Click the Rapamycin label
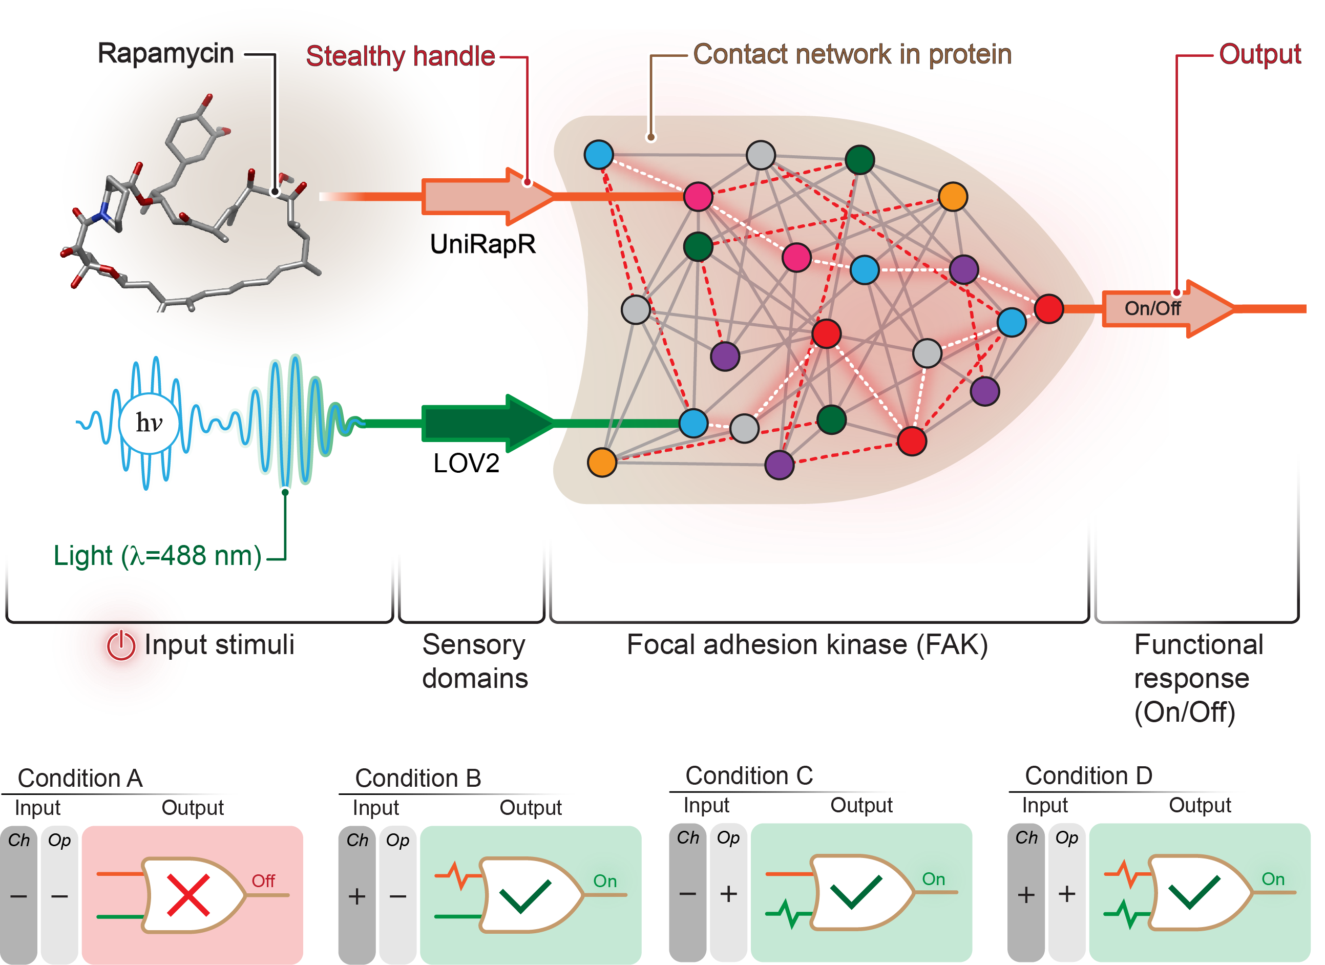click(x=165, y=54)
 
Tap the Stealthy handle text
click(x=400, y=57)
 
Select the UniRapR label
click(x=482, y=245)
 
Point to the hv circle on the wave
click(x=149, y=424)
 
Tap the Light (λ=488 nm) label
click(x=157, y=556)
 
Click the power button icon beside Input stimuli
click(x=121, y=645)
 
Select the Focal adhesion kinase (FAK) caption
click(x=807, y=645)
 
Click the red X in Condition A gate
click(x=188, y=895)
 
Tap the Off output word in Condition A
click(x=263, y=881)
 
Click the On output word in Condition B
click(x=605, y=881)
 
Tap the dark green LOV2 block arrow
click(x=485, y=424)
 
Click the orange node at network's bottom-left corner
click(x=602, y=463)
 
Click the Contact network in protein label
click(x=852, y=54)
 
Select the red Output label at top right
click(x=1259, y=54)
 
